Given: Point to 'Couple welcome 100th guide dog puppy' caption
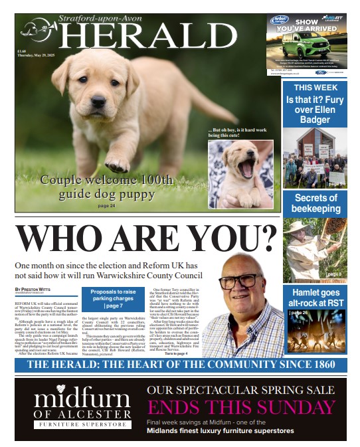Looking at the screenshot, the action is coord(106,187).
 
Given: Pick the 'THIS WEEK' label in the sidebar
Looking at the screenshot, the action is coord(315,88).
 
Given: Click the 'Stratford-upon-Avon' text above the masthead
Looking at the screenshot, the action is coord(100,19).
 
